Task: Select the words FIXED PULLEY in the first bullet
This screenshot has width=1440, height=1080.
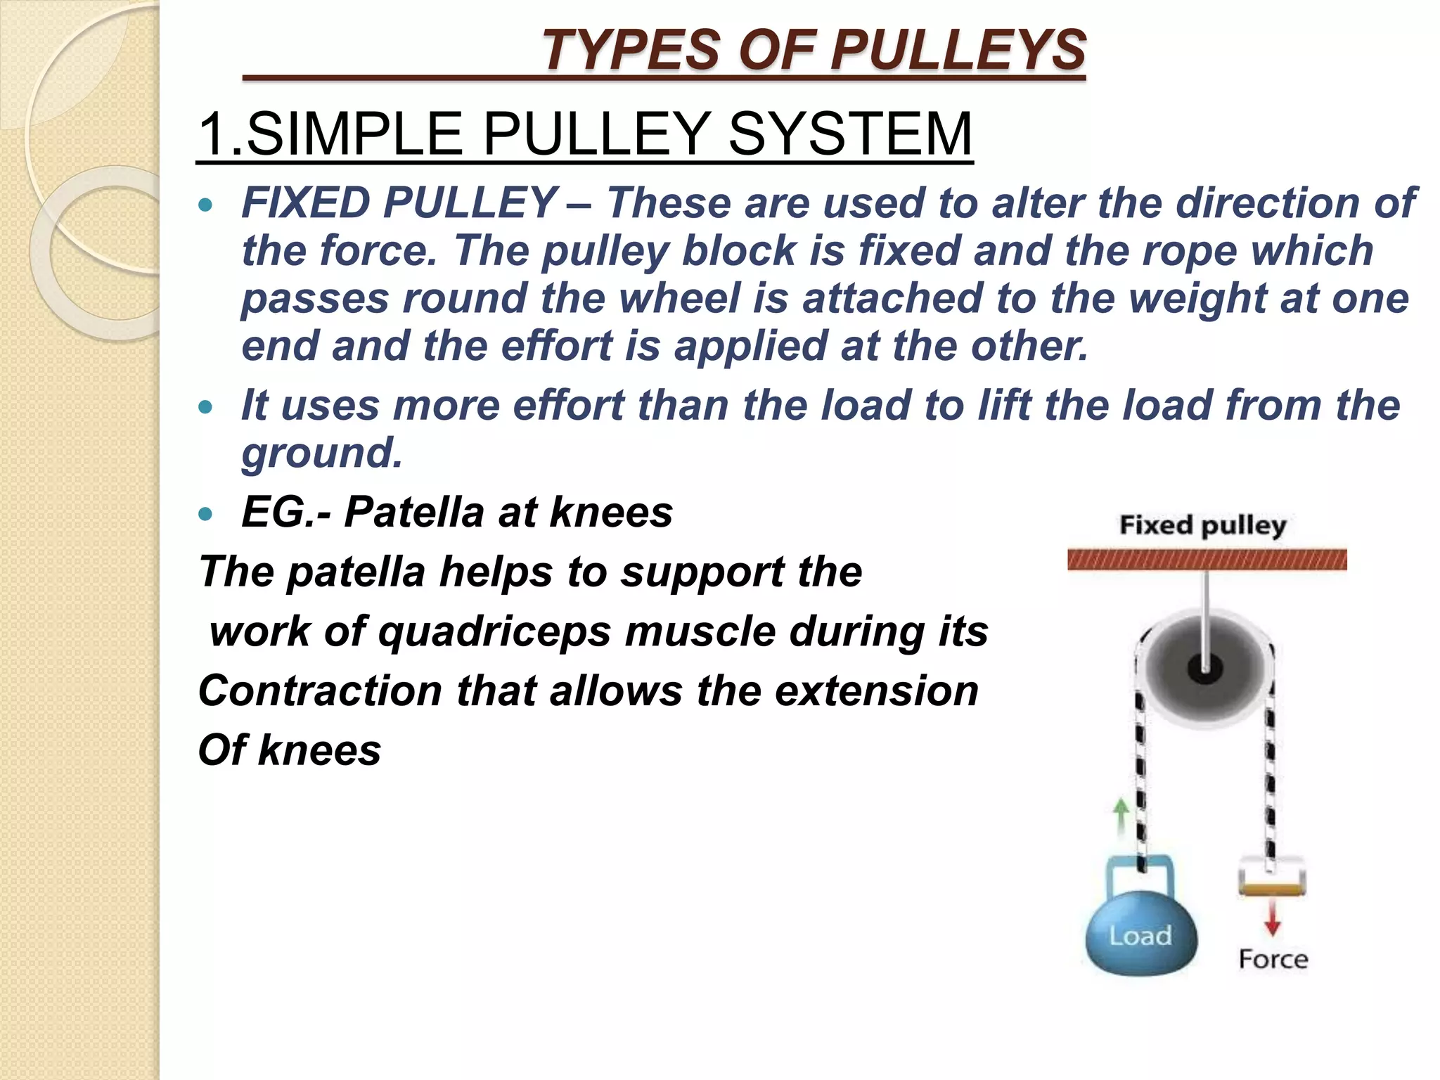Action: point(399,203)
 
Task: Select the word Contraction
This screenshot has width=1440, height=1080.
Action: point(321,691)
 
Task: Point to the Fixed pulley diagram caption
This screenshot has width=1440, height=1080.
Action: point(1202,525)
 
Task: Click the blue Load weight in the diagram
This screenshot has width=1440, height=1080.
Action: point(1140,935)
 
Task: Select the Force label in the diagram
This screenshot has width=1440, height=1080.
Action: point(1273,959)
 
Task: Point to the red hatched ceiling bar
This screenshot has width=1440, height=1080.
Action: point(1207,560)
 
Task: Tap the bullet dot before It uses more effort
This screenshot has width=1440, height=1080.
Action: point(205,407)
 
